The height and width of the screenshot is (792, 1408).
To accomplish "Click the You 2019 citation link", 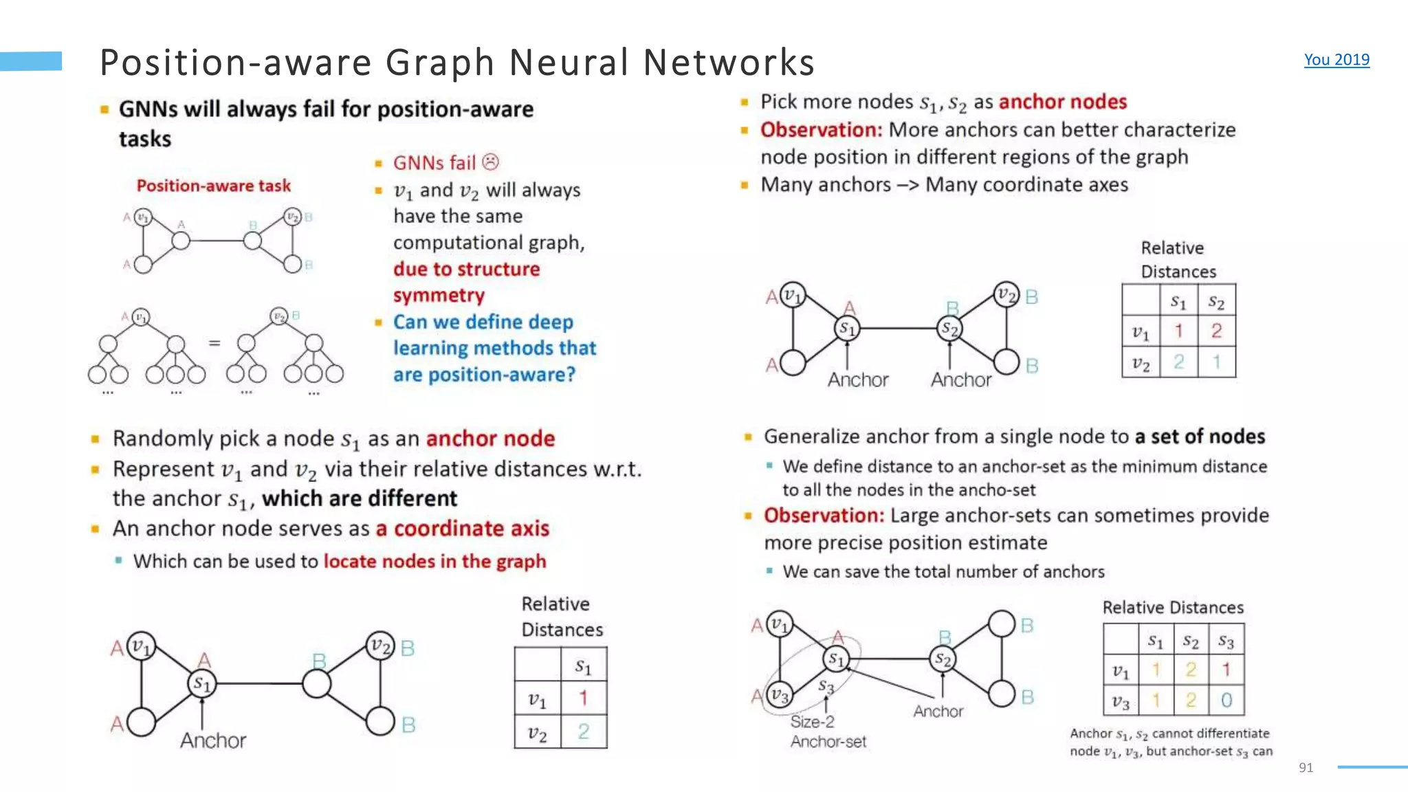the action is [1336, 60].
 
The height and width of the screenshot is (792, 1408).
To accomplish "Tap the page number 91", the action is [1306, 767].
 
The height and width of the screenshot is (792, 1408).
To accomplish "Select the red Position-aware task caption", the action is [213, 186].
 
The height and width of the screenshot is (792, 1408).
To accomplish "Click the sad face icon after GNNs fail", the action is [490, 162].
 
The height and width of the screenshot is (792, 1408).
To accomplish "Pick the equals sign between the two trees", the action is [214, 342].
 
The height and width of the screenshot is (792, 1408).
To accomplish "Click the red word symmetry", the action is [439, 296].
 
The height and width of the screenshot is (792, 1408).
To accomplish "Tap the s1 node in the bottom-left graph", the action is [201, 683].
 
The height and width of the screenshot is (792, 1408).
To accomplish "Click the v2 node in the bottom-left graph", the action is [380, 646].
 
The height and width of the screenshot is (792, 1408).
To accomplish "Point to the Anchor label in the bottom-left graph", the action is [213, 740].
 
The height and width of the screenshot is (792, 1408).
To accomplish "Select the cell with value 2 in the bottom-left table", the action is [583, 731].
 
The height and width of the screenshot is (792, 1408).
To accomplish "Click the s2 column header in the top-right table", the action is [1216, 302].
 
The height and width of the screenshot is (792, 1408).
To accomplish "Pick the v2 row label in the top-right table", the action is [1141, 362].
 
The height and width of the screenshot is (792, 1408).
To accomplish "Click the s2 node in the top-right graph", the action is [949, 329].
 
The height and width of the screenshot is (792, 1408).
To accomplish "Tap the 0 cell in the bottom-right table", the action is [1226, 701].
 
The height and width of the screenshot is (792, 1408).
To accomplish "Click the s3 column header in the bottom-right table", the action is [1226, 641].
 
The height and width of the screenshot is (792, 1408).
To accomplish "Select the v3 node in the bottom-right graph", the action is [779, 695].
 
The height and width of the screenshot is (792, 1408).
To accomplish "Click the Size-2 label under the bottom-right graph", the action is [812, 722].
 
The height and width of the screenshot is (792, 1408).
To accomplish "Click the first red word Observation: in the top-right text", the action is [821, 130].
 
